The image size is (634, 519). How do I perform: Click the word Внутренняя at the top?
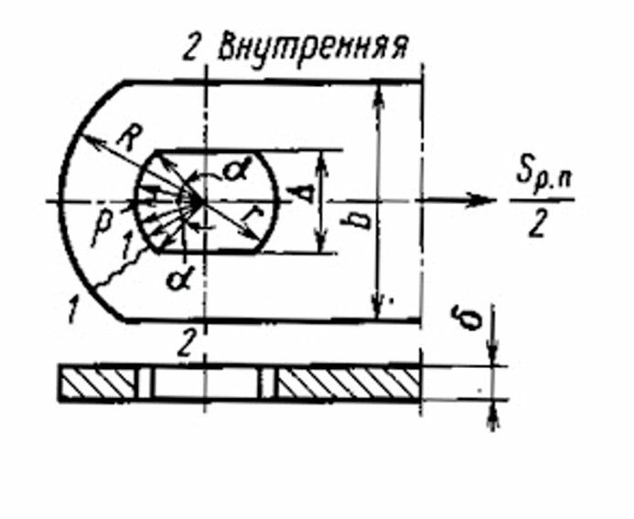[311, 48]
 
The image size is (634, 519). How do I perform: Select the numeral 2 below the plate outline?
[187, 345]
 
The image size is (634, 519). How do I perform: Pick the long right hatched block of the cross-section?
[349, 382]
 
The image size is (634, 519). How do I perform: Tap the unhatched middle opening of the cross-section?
[207, 382]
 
